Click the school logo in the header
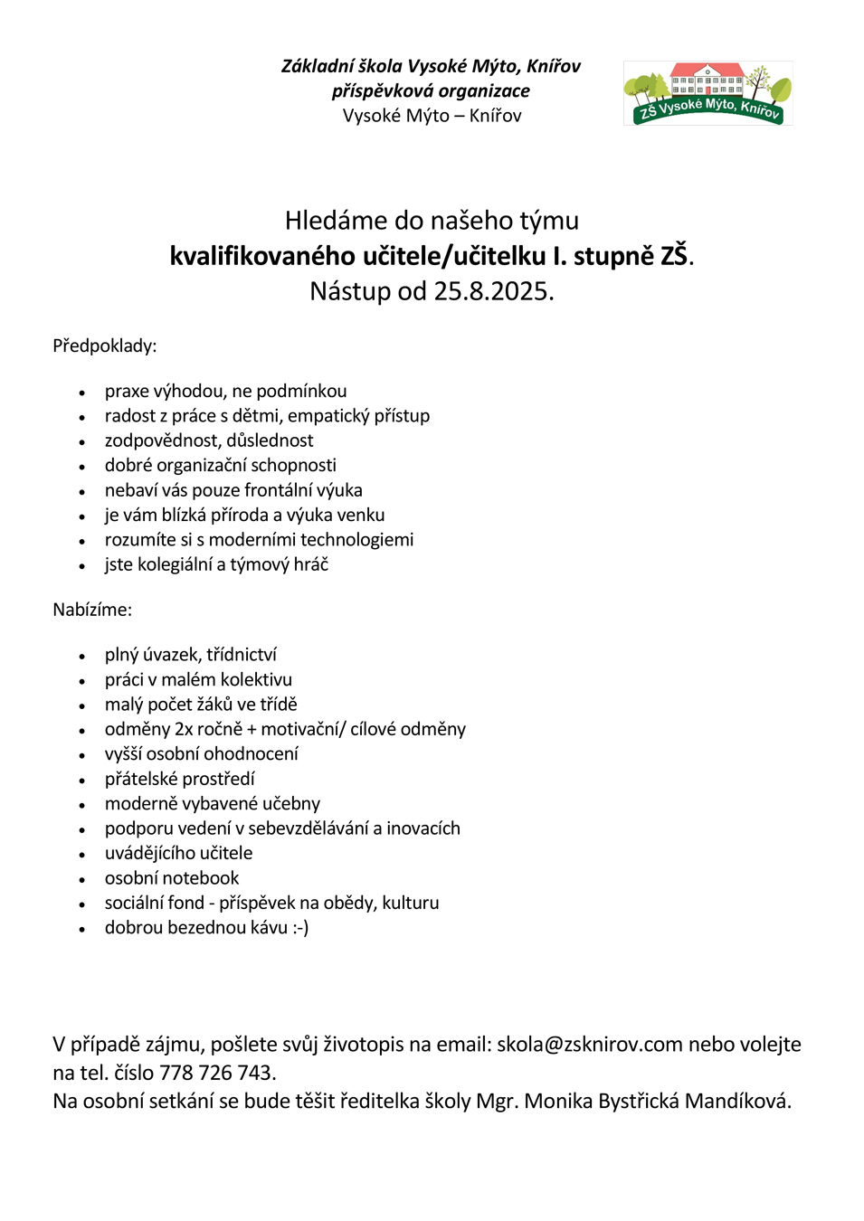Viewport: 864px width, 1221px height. point(707,93)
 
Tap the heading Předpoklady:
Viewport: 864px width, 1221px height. point(104,345)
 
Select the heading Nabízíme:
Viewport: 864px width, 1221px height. point(92,610)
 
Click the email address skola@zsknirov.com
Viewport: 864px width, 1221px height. point(589,1045)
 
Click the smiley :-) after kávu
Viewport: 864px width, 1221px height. point(300,928)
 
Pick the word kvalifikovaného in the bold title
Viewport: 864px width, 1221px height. point(261,256)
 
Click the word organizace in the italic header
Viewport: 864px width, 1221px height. point(484,91)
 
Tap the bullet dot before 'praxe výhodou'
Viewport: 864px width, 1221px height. point(82,393)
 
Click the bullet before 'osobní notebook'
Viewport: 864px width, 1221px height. point(82,879)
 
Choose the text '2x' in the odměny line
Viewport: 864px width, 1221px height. point(184,729)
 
